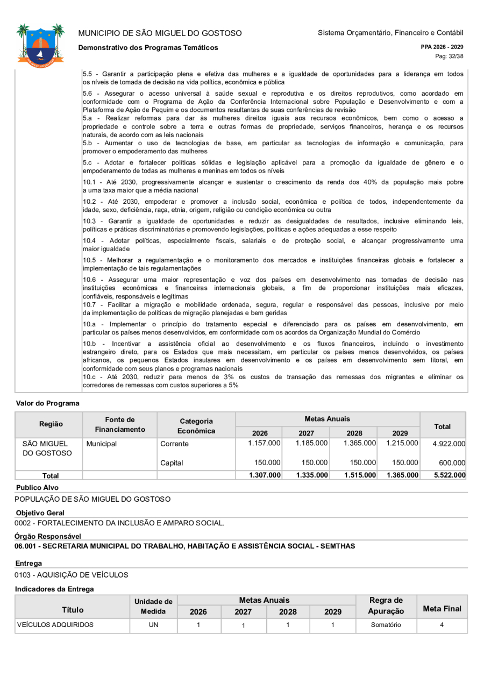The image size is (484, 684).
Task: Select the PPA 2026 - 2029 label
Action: [x=442, y=47]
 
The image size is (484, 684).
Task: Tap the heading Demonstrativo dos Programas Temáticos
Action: [x=148, y=48]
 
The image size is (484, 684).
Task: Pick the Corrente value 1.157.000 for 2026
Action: [x=264, y=443]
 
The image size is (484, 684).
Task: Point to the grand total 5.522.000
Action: [x=448, y=475]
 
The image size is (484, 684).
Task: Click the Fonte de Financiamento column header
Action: [x=119, y=425]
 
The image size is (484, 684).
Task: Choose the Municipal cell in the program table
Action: [x=101, y=444]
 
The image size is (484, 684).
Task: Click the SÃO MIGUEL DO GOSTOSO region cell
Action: [x=48, y=448]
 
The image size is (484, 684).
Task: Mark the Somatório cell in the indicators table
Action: [x=386, y=625]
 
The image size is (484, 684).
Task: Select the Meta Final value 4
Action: [x=442, y=625]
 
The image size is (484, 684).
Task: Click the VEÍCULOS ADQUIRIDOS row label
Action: [x=55, y=625]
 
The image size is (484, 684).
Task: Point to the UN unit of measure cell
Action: [x=153, y=625]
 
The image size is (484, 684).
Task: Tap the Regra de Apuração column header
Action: [x=386, y=605]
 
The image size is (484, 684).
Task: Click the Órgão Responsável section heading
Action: [x=48, y=536]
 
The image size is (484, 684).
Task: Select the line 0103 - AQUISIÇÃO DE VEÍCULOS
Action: [x=72, y=575]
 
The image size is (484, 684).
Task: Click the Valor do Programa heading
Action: [x=48, y=403]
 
